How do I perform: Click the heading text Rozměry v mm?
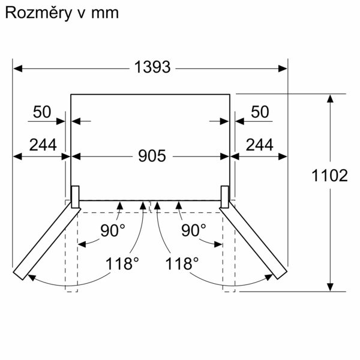61,14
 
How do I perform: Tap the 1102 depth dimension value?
330,176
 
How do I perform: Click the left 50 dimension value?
42,112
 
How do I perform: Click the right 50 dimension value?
259,112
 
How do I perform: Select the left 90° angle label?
112,230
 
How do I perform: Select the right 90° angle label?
193,230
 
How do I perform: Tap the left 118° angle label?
122,263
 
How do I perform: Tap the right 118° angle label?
182,263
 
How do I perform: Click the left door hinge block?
76,197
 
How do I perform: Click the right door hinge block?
225,197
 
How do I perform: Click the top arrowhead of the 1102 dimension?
330,98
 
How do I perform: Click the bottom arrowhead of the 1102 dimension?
330,286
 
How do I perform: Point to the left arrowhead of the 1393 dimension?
17,68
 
